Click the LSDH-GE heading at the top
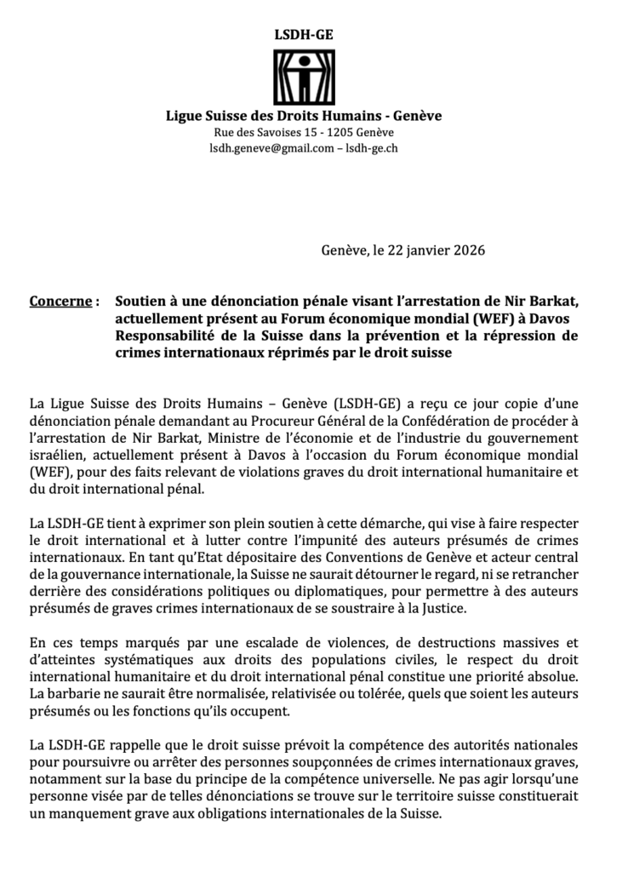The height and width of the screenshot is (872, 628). (304, 34)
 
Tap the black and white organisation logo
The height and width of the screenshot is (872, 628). (304, 77)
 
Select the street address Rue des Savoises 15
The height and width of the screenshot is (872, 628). (262, 133)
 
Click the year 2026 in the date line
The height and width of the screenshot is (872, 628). (465, 250)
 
